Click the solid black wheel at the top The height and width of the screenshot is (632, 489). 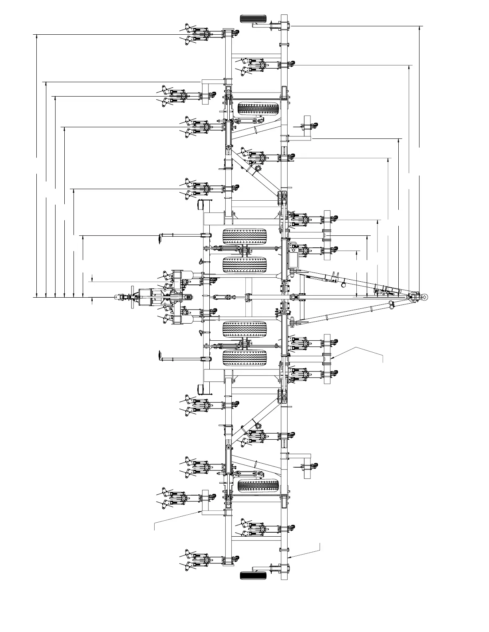[x=253, y=18]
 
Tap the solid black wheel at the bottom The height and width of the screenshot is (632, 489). [x=253, y=575]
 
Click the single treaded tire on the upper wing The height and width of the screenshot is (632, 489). [x=258, y=108]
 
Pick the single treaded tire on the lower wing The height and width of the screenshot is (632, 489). [x=258, y=486]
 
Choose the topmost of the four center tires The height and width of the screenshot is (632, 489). [x=245, y=236]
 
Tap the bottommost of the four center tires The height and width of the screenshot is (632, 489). [x=245, y=358]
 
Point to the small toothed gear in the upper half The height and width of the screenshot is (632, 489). [x=257, y=169]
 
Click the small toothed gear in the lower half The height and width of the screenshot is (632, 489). [x=257, y=425]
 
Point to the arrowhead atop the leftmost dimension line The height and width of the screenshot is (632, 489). [x=37, y=37]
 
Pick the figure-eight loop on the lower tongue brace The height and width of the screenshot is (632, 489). [x=392, y=305]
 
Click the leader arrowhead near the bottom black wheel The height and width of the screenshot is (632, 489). [x=290, y=557]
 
